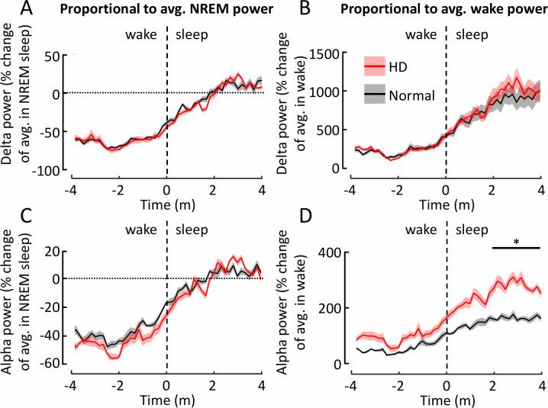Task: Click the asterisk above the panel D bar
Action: pyautogui.click(x=516, y=242)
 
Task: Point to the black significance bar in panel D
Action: pyautogui.click(x=516, y=249)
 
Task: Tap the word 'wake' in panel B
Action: pyautogui.click(x=422, y=35)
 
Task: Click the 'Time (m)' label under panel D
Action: pyautogui.click(x=446, y=398)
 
